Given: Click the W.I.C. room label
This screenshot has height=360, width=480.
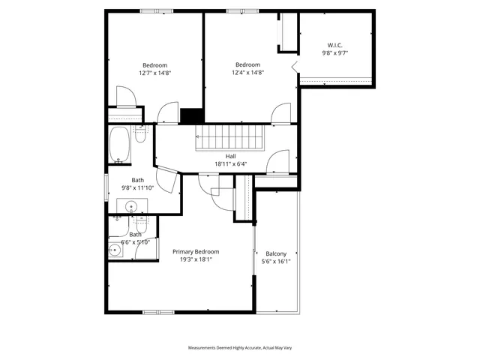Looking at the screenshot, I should coord(334,45).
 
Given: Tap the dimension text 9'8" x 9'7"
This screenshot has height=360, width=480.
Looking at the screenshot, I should coord(334,53).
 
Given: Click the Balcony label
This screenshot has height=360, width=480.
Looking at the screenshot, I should coord(275,253).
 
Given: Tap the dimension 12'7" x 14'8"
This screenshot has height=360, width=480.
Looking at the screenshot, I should coord(155,73).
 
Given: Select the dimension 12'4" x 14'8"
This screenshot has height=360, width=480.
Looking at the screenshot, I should coord(247,73).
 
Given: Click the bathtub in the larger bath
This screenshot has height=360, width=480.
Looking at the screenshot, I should coord(119,145).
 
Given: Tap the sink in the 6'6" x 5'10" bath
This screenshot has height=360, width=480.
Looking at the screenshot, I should coord(114,250).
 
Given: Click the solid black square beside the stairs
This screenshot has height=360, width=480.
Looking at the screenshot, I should coord(192,116).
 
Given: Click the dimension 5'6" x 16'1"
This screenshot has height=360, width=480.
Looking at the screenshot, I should coord(275,262).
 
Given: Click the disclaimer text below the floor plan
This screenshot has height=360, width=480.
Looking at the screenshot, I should coord(239,348).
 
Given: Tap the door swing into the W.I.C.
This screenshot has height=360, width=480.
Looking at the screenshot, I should coord(295,68).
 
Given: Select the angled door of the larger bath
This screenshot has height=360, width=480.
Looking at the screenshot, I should coord(169,181).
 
